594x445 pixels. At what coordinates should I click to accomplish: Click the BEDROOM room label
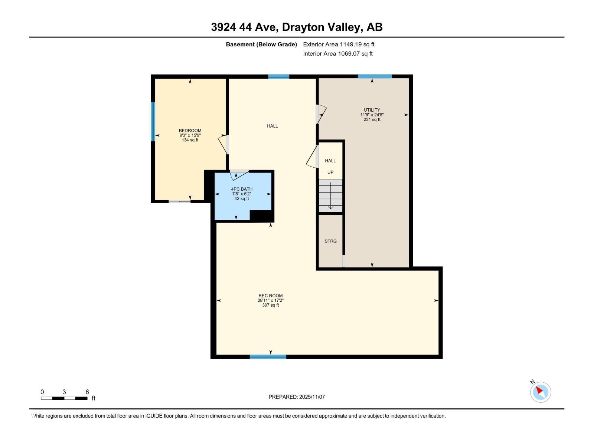190,131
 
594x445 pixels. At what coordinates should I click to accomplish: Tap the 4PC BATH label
242,189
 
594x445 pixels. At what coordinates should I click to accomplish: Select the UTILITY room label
372,110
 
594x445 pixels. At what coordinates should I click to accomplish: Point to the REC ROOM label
270,296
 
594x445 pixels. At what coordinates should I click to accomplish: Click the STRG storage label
330,241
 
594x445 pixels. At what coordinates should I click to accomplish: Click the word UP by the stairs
330,172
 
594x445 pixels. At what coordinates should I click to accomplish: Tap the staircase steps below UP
330,195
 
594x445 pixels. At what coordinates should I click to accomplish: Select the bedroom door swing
223,145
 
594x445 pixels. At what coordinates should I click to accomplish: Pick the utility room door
321,114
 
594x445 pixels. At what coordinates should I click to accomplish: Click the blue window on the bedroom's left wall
153,122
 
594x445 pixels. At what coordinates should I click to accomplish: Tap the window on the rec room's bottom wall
268,357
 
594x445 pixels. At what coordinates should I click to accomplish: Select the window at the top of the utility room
374,76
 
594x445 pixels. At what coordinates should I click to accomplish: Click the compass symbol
540,392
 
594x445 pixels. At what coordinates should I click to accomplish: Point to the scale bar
64,398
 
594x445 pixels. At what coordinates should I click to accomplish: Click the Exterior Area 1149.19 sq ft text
339,44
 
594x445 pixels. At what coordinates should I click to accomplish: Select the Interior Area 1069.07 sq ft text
337,54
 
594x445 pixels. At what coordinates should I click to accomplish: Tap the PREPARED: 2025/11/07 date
297,397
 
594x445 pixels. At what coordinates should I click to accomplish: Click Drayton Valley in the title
322,27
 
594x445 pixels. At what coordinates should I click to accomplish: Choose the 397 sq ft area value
270,305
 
